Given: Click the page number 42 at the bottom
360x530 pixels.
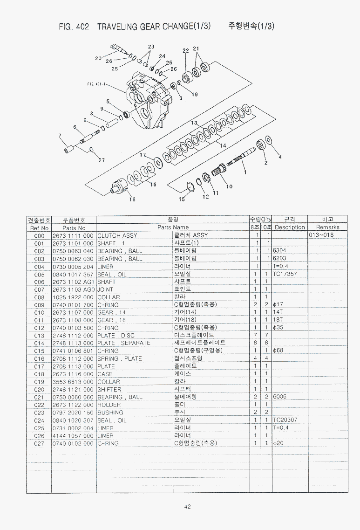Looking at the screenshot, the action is tap(187, 506).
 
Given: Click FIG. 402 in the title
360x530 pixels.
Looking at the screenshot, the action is tap(74, 27).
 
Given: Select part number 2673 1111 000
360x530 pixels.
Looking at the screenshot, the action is tap(73, 235).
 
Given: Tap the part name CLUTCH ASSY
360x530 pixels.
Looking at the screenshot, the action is tap(117, 235).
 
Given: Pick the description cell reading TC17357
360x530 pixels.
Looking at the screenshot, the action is tap(285, 274).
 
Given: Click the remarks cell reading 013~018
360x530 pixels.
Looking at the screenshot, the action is tap(321, 235).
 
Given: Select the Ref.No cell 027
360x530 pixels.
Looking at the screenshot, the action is tap(39, 443).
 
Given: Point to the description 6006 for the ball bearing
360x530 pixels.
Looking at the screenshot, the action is tap(279, 397).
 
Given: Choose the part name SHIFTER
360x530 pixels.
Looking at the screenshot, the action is tap(109, 389).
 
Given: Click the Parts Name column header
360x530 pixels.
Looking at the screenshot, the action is tap(173, 227).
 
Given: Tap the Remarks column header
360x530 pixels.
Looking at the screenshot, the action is tap(327, 227).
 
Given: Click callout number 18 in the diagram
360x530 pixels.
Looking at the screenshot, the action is tap(132, 200).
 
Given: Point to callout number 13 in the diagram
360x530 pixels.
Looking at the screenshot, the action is tap(194, 123).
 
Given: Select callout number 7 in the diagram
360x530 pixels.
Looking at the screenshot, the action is tap(60, 136).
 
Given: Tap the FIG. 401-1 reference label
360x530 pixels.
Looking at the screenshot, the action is tap(96, 84).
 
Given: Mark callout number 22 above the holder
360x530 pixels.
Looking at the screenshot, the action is tap(186, 51).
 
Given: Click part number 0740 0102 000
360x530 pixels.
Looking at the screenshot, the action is tap(73, 443).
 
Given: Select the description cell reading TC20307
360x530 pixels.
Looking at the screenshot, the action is tap(285, 420).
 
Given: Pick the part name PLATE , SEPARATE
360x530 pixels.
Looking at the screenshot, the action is tap(123, 343).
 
